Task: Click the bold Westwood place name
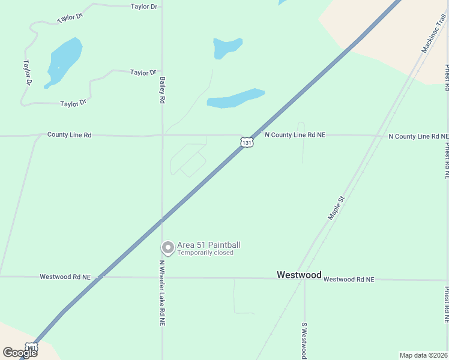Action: click(299, 274)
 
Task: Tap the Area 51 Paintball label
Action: click(208, 245)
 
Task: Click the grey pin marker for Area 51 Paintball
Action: click(168, 247)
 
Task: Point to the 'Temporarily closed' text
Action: click(205, 253)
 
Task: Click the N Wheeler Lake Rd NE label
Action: click(162, 292)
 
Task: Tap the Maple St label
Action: click(336, 208)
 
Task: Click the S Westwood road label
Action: click(304, 340)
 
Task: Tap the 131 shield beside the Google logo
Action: click(32, 347)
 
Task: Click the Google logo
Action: click(19, 353)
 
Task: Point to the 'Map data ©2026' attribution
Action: click(423, 355)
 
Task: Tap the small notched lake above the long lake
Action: click(226, 47)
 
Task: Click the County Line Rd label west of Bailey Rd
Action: click(69, 135)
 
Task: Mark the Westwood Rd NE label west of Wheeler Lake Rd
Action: click(65, 277)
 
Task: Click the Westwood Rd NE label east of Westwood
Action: click(348, 280)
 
